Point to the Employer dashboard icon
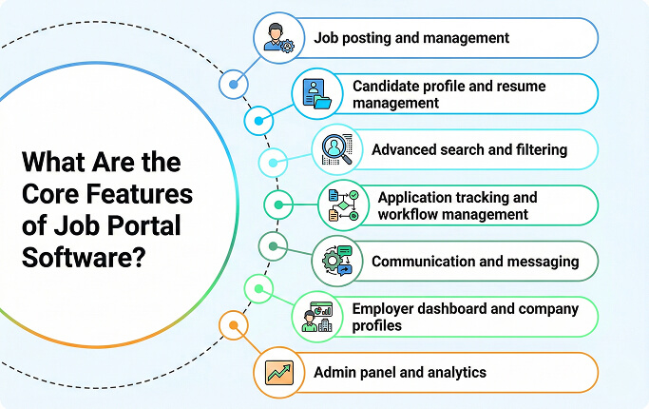click(x=316, y=316)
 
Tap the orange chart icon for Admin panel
click(x=278, y=372)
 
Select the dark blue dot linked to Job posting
click(x=232, y=86)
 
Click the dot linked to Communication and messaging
click(x=274, y=247)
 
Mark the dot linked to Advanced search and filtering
click(x=274, y=162)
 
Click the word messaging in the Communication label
click(x=544, y=261)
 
